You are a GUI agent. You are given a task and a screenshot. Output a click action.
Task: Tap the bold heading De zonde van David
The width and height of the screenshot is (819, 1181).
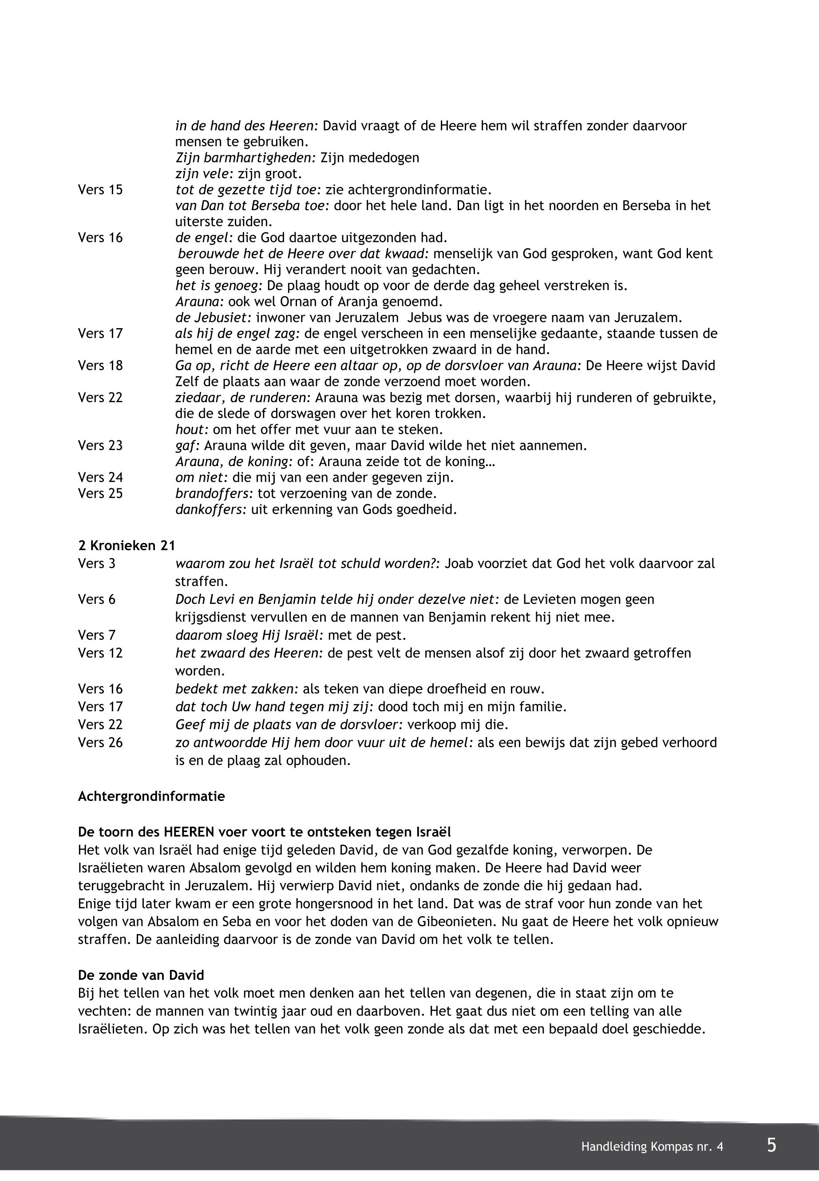click(141, 975)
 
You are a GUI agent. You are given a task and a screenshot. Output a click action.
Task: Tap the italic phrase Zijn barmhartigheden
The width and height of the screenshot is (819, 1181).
click(245, 158)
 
